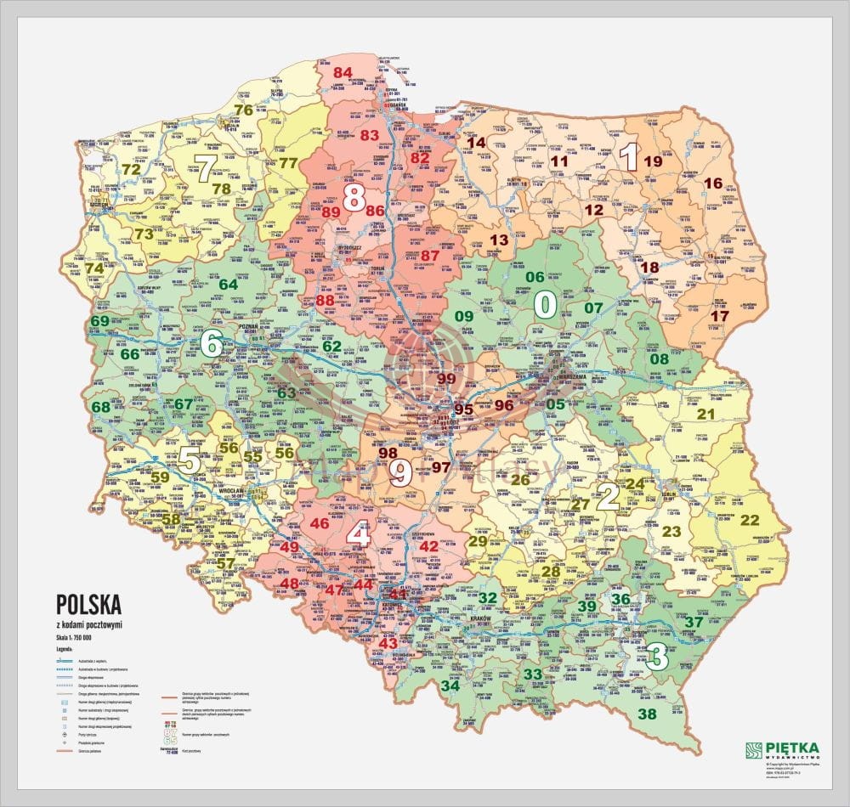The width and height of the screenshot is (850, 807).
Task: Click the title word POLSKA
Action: tap(88, 604)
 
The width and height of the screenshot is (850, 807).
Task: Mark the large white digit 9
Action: tap(400, 472)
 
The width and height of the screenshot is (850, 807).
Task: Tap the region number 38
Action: tap(648, 714)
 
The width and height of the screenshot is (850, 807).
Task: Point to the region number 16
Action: tap(713, 183)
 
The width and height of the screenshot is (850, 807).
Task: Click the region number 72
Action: tap(131, 169)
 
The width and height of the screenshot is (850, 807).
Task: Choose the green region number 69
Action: tap(100, 320)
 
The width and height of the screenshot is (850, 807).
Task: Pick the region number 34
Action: tap(450, 686)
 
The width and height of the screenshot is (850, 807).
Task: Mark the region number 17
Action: tap(719, 316)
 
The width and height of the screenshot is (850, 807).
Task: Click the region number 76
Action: tap(244, 110)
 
